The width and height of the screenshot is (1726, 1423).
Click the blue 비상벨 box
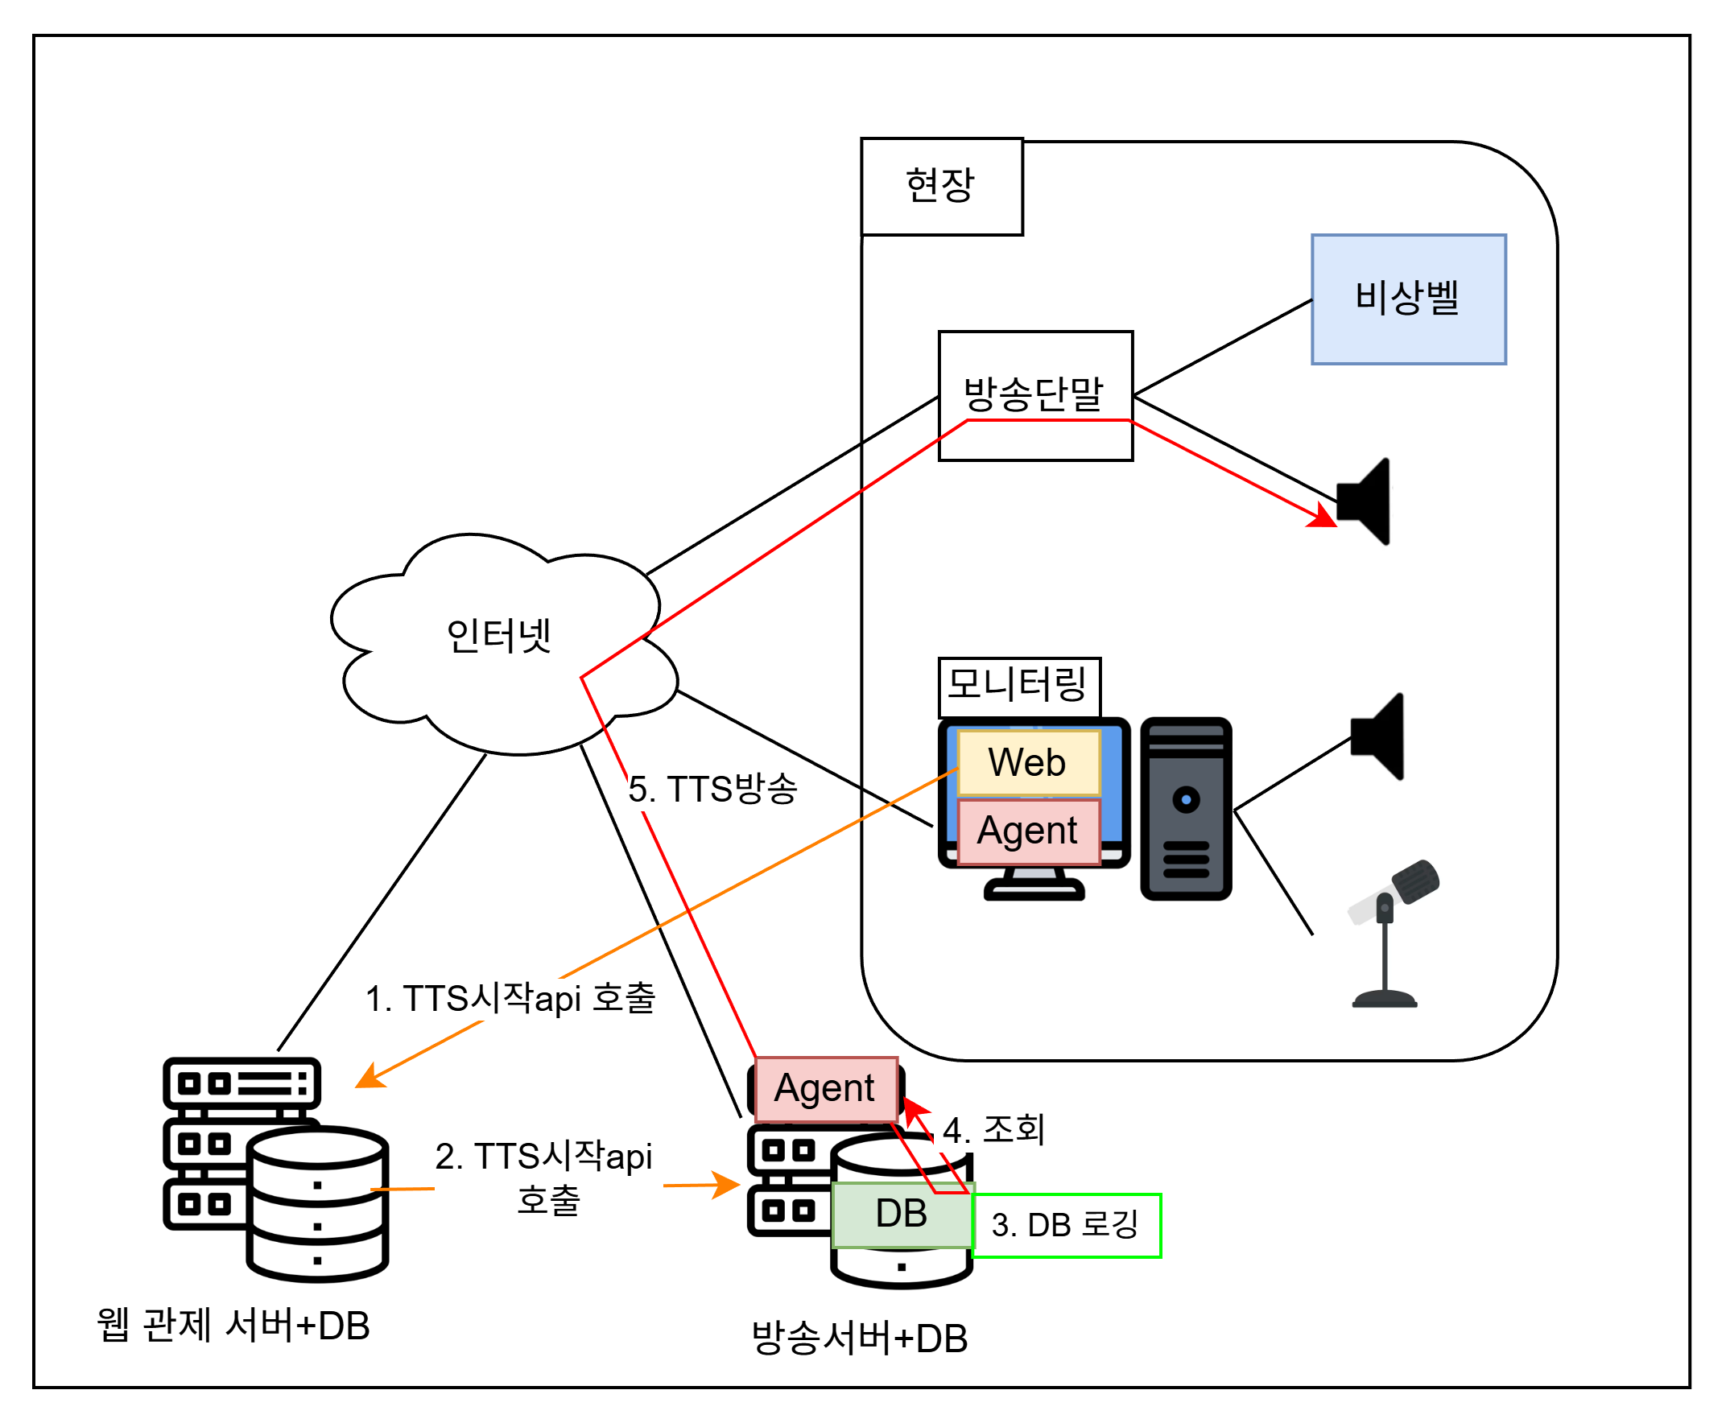coord(1408,299)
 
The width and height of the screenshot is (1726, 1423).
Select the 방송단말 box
coord(1035,396)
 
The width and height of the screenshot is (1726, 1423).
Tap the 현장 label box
coord(941,186)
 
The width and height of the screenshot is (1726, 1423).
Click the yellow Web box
coord(1028,762)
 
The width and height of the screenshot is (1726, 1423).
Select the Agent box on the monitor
coord(1028,831)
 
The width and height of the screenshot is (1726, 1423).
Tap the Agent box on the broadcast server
coord(826,1088)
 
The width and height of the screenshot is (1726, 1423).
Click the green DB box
coord(902,1215)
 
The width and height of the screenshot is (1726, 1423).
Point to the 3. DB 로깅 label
coord(1066,1226)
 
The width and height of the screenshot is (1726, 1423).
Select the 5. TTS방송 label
coord(712,789)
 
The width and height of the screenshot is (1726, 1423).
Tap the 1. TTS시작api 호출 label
coord(510,998)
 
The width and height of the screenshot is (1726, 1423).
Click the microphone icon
coord(1392,933)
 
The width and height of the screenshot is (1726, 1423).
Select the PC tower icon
coord(1186,809)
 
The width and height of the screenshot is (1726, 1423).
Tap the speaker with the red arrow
coord(1363,501)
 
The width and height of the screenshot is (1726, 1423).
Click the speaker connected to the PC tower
coord(1377,736)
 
